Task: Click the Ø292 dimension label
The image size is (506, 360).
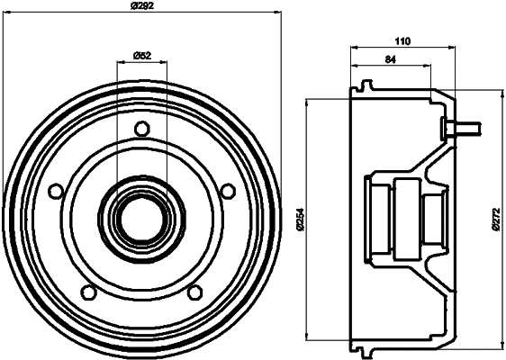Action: [140, 5]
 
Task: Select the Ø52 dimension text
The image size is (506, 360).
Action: [140, 55]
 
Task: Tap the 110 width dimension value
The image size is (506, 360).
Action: [402, 40]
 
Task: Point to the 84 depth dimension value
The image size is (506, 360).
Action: [390, 59]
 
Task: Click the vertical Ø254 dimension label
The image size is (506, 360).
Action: [300, 220]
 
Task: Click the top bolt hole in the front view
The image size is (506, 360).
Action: [140, 129]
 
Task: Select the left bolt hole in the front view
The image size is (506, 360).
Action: [56, 191]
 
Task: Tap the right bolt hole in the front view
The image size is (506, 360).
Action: [227, 190]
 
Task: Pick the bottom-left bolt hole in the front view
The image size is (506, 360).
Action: [87, 291]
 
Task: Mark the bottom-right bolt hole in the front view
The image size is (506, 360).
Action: [194, 291]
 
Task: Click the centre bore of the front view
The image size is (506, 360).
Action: [140, 217]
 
